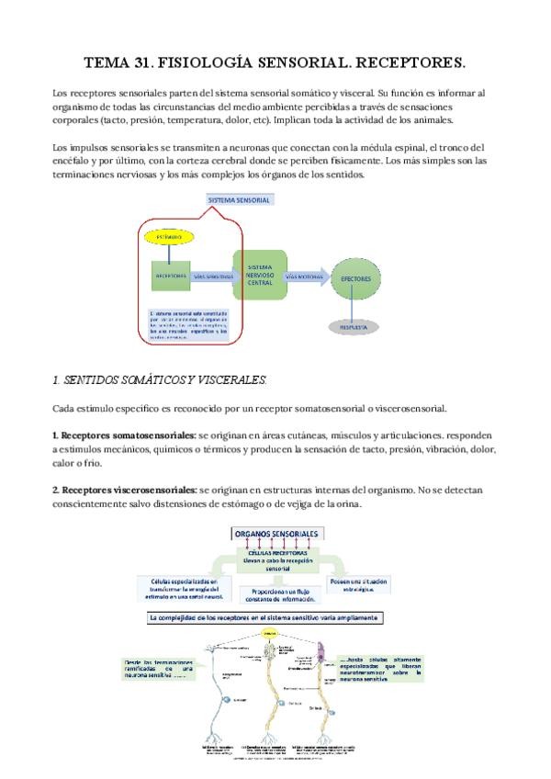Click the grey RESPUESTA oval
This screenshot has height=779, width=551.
click(354, 325)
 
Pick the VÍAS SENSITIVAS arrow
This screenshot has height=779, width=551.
click(212, 275)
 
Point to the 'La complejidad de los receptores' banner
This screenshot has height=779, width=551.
click(266, 618)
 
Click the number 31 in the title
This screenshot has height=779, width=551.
click(142, 63)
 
